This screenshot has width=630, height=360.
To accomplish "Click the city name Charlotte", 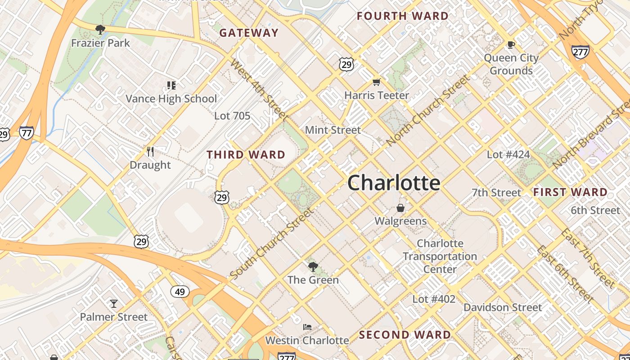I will [x=394, y=183].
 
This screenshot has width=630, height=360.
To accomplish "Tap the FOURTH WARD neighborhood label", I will [x=403, y=16].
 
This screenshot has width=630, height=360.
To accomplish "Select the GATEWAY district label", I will [x=249, y=33].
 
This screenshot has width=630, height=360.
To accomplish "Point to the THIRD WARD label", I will [x=246, y=155].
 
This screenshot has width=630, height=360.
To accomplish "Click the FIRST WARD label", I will [x=570, y=193].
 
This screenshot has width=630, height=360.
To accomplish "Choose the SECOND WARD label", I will [x=405, y=335].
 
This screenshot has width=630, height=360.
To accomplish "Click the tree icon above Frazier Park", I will [x=100, y=30].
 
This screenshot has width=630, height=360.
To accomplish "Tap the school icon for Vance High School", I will [x=171, y=85].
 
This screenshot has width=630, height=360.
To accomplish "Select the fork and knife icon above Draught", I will [x=150, y=152].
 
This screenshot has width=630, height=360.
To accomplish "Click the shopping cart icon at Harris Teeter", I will [x=377, y=82].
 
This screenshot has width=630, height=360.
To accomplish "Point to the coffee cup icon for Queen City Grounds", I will [x=511, y=45].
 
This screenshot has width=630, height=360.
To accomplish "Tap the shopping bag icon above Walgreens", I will [x=400, y=208].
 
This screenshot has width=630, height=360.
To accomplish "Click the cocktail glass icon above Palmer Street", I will [x=114, y=304].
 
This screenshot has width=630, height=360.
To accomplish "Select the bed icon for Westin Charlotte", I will [x=307, y=327].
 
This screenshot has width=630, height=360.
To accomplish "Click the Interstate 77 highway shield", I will [x=27, y=133].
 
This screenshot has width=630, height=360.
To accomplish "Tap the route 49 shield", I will [x=180, y=292].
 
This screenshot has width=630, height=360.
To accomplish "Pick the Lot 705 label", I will [x=232, y=116].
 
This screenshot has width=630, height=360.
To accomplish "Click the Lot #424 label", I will [x=508, y=155].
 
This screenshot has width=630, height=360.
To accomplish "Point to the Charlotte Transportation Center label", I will [x=440, y=256].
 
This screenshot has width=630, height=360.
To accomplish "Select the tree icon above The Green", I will [x=313, y=267].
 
